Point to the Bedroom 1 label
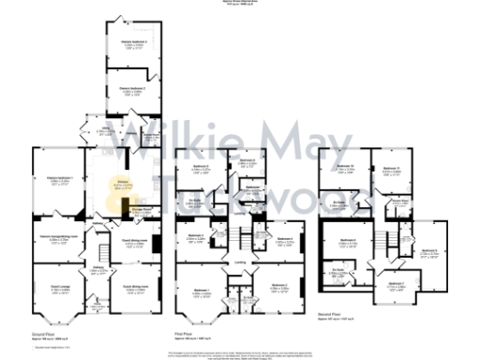click(x=202, y=291)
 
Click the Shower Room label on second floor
click(x=397, y=200)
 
